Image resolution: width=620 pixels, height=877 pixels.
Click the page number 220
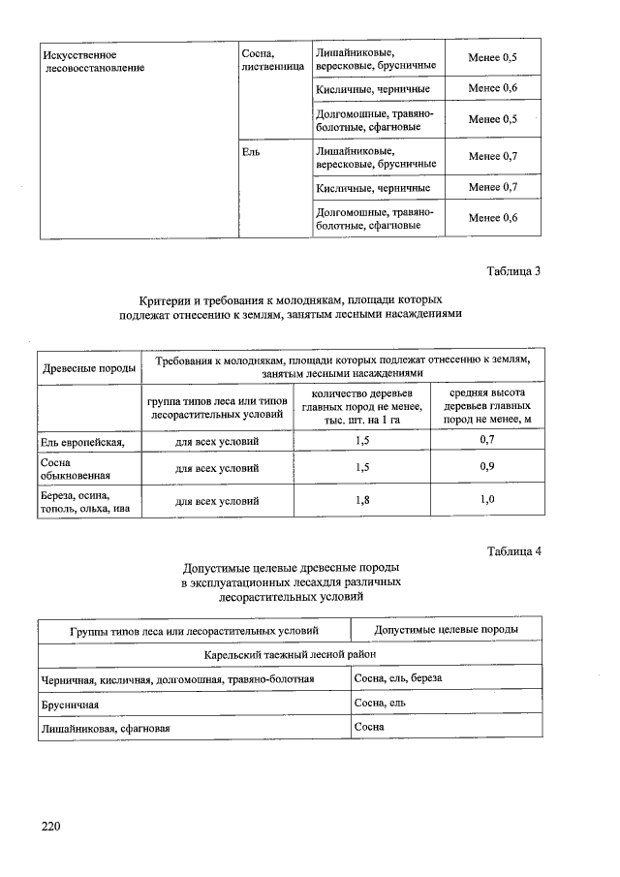[x=50, y=826]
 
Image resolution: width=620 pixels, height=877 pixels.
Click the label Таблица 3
[x=513, y=270]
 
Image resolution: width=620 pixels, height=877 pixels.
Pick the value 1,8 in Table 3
[x=363, y=500]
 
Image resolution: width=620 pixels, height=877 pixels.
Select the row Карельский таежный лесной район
[x=290, y=654]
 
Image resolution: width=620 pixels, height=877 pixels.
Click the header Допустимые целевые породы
[x=446, y=630]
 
